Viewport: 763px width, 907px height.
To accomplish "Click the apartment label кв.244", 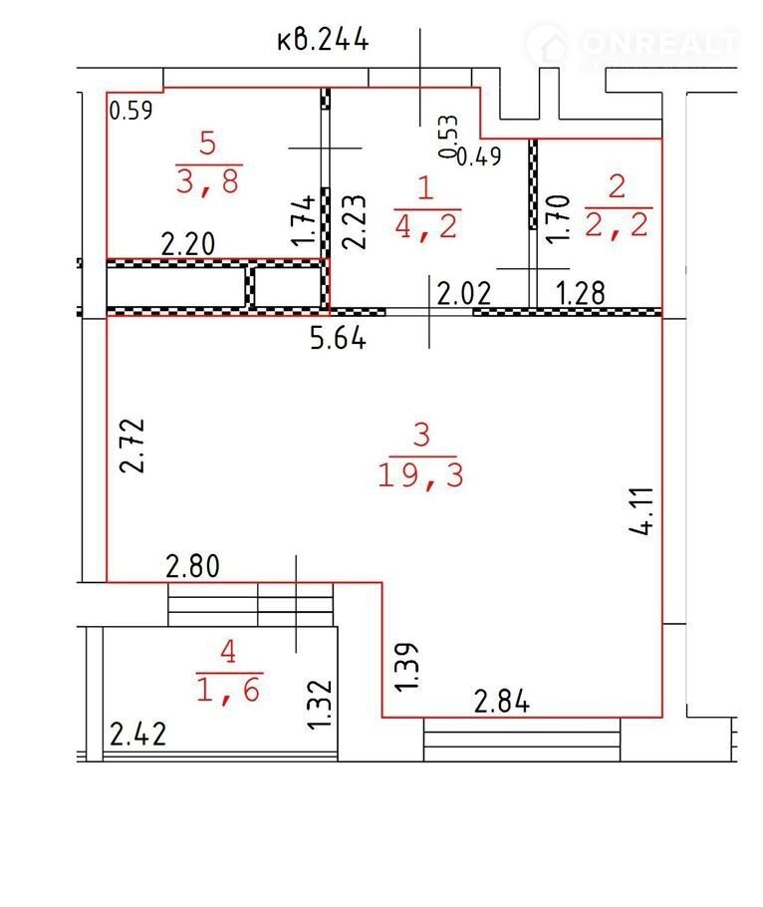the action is coord(323,41).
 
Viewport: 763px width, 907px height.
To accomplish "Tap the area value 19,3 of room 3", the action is coord(420,476).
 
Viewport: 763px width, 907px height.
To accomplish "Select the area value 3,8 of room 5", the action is coord(207,181).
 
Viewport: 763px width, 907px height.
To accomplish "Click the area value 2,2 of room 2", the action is coord(617,224).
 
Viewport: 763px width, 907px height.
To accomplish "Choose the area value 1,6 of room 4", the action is coord(229,689).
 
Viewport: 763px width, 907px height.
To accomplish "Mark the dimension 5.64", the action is coord(338,338).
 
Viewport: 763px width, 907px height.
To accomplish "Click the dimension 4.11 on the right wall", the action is coord(642,510).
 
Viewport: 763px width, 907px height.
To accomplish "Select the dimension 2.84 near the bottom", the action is coord(501,702).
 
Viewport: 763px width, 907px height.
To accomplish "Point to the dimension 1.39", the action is coord(406,666).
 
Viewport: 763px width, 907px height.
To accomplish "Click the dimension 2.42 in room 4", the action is coord(137,734).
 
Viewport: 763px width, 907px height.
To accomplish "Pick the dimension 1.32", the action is coord(320,704).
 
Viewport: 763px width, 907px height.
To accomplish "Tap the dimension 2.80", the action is coord(192,566).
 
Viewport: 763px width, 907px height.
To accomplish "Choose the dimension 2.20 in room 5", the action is coord(188,243).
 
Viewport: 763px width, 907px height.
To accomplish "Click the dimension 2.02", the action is coord(463,293).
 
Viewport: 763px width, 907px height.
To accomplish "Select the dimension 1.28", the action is coord(580,293).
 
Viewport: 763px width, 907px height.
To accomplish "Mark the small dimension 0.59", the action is coord(130,111).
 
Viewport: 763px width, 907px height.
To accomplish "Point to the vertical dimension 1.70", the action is coord(558,219).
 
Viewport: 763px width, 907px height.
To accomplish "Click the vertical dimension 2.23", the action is coord(355,221).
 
